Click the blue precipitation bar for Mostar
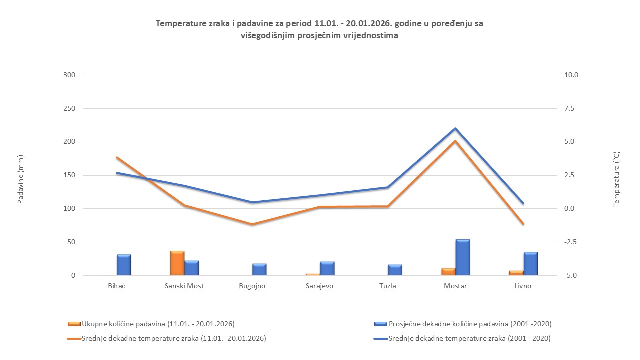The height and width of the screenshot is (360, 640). pos(463,257)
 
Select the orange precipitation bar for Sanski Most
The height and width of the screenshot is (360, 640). pos(177,263)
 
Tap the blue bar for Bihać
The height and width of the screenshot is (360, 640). pos(124,265)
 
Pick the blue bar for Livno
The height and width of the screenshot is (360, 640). pos(530,263)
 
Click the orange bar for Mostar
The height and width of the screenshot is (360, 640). pos(448,272)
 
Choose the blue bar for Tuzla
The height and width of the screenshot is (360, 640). pos(395,270)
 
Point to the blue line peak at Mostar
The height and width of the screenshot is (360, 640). pos(455,128)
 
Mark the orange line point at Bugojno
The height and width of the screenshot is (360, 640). pos(252,224)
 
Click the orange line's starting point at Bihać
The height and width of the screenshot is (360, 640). pos(116,157)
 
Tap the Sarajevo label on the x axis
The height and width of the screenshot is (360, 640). pos(319,286)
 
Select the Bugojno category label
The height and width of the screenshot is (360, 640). pos(252,286)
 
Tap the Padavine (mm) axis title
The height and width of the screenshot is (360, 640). pos(21,179)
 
